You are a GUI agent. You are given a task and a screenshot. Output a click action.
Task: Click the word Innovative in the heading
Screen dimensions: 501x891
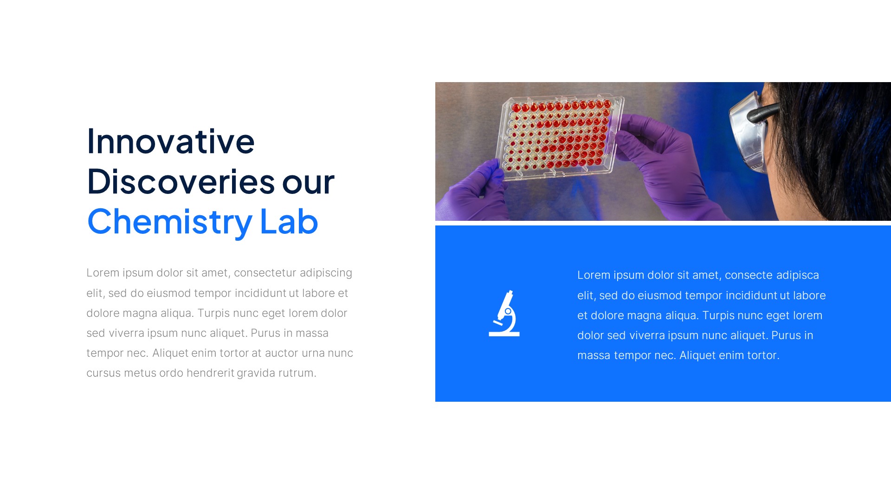tap(171, 141)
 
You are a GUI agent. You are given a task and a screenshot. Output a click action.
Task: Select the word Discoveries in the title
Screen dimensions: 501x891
tap(181, 181)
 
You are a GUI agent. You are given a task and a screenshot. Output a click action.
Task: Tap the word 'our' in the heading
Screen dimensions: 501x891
tap(308, 181)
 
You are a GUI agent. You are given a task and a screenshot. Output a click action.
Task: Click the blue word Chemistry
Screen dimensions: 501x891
tap(170, 222)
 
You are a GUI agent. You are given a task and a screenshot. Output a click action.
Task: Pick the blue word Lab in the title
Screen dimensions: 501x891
tap(289, 222)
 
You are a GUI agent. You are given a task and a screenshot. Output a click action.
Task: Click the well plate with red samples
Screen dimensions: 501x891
tap(559, 136)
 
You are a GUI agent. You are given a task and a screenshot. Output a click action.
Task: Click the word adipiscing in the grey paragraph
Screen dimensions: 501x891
tap(326, 273)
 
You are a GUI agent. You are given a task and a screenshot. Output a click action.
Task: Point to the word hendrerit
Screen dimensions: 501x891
tap(210, 373)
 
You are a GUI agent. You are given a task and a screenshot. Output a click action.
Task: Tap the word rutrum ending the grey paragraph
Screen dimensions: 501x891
tap(297, 373)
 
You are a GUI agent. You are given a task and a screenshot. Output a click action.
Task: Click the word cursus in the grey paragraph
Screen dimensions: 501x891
tap(103, 373)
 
